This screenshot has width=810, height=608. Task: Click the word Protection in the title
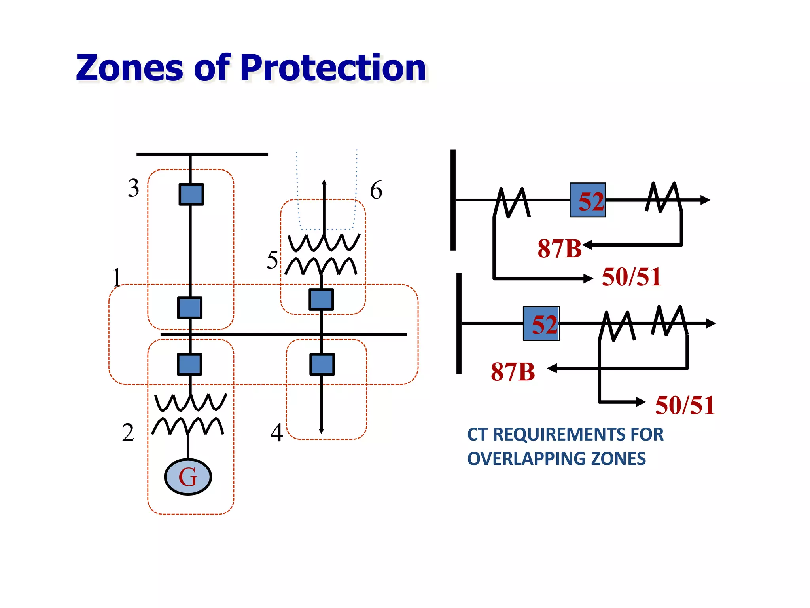tap(333, 68)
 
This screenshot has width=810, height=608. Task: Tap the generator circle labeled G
tap(188, 477)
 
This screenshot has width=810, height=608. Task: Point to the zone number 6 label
tap(376, 190)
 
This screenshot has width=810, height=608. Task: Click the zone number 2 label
tap(128, 432)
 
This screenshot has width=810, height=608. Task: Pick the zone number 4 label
tap(276, 433)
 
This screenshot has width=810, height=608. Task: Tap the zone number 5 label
tap(272, 260)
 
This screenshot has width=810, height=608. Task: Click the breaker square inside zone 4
tap(322, 364)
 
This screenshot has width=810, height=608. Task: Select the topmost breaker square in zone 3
tap(191, 194)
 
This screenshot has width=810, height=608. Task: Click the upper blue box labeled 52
tap(587, 200)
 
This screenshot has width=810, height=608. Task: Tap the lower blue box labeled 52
tap(541, 323)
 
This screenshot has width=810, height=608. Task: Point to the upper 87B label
tap(559, 249)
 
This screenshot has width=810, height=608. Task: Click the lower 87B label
tap(513, 372)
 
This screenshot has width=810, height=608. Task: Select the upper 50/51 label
tap(631, 277)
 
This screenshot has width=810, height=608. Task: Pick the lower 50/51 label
tap(685, 405)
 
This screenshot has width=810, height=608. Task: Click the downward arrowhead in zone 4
tap(321, 431)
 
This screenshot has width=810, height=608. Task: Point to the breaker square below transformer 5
tap(321, 299)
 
